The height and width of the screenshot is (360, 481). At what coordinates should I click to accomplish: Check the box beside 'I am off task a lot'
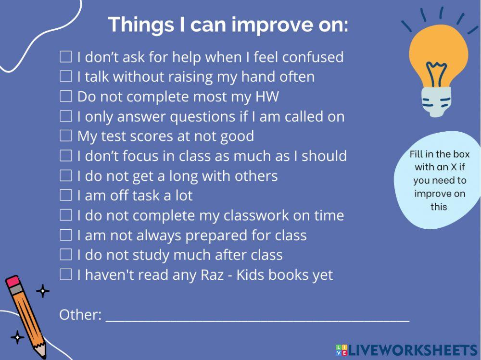click(65, 195)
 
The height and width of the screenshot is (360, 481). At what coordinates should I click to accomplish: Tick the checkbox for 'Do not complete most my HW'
click(65, 96)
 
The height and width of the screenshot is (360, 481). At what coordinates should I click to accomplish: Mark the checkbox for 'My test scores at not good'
click(65, 136)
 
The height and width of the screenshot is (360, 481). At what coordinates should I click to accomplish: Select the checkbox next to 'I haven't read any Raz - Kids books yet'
click(65, 274)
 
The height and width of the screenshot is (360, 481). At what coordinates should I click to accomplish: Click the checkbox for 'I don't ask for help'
click(65, 57)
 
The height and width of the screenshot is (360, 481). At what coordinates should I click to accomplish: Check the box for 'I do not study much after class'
click(65, 255)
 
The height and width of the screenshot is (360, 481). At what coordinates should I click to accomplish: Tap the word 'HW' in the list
click(267, 97)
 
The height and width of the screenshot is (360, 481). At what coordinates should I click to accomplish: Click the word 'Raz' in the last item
click(212, 275)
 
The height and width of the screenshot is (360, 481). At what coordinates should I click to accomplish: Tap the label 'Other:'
click(80, 315)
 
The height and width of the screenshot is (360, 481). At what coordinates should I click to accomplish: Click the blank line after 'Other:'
click(257, 321)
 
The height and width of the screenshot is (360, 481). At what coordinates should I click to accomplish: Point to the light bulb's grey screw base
click(436, 101)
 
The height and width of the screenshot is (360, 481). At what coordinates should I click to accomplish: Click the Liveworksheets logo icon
click(342, 350)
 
